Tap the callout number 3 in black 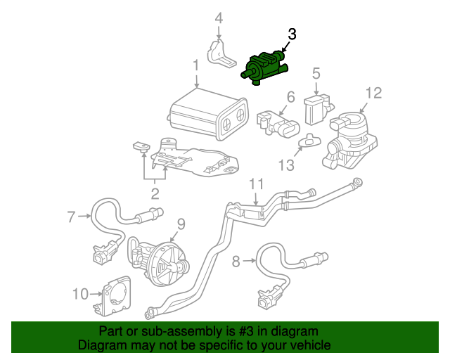click(x=292, y=34)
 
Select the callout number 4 click(x=219, y=18)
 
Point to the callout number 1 click(x=195, y=66)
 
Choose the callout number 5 click(x=316, y=72)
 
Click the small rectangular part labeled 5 click(x=316, y=110)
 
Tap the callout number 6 click(x=290, y=97)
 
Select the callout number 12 click(x=373, y=93)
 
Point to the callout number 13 click(x=285, y=166)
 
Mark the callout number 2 click(x=154, y=193)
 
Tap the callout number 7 click(x=70, y=217)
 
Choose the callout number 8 click(x=236, y=262)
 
